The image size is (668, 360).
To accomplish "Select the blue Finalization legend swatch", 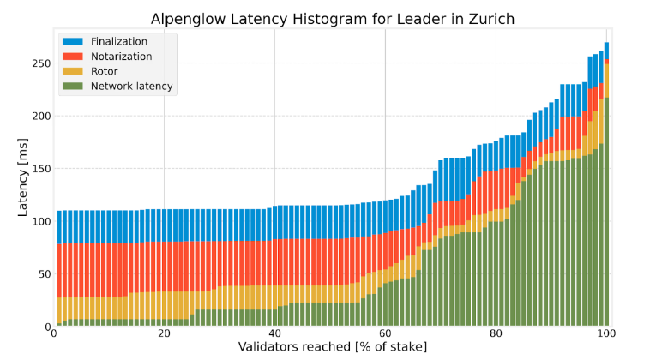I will (x=73, y=41).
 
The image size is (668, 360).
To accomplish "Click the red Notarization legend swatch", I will (x=73, y=56).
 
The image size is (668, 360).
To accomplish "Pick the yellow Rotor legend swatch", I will (x=73, y=70).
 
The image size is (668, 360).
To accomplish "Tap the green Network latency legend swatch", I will (x=73, y=86).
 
